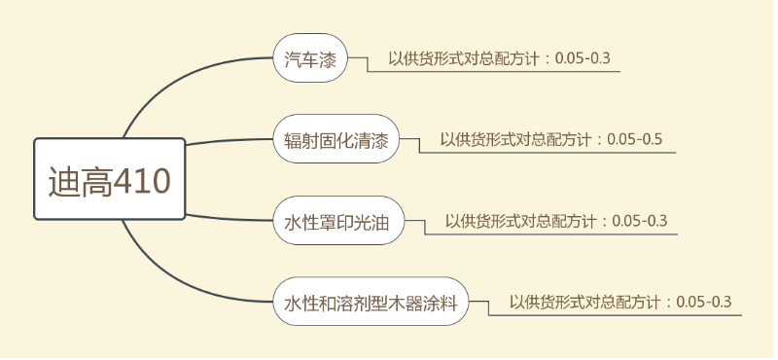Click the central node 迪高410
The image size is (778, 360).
coord(110,180)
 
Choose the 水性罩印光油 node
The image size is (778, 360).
coord(336,222)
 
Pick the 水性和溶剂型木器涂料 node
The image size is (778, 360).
coord(371,303)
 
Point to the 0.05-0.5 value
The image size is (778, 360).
coord(635,139)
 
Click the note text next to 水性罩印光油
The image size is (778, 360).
coord(556,221)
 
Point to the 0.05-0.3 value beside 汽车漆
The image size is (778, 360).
coord(583,58)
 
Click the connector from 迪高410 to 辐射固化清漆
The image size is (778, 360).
coord(229,142)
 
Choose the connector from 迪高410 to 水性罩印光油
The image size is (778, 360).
coord(229,218)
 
